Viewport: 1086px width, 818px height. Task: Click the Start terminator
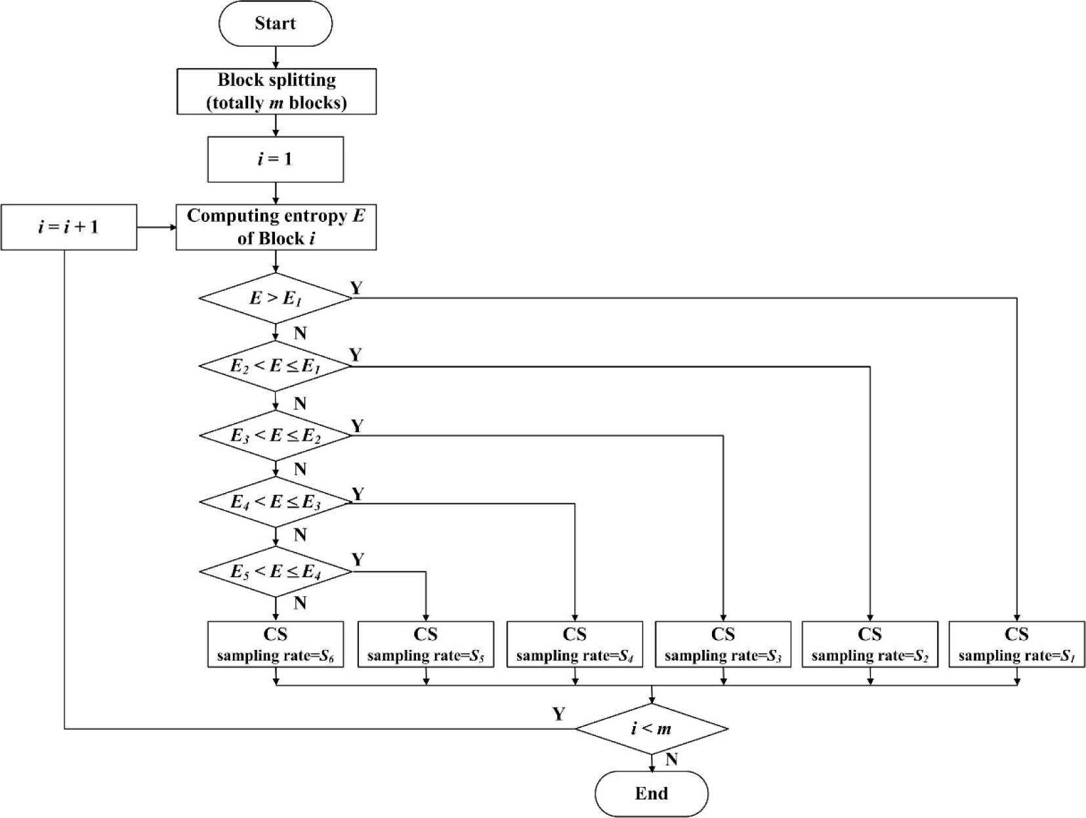point(276,24)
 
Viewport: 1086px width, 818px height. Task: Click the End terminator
point(652,794)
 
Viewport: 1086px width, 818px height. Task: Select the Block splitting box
point(276,91)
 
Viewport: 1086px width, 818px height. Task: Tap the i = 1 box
point(276,159)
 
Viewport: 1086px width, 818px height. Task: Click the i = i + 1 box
point(68,227)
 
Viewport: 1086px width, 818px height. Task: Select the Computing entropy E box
point(276,227)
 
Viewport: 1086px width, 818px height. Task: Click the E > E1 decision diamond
point(276,298)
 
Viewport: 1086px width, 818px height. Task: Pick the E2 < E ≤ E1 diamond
point(276,366)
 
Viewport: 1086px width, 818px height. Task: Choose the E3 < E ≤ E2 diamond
point(276,435)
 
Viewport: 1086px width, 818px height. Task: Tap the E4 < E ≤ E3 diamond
point(276,503)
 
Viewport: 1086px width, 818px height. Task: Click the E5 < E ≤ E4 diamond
point(276,572)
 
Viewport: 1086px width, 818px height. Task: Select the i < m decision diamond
point(652,729)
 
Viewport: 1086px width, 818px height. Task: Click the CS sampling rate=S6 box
point(276,644)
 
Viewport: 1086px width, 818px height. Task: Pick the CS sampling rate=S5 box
point(426,644)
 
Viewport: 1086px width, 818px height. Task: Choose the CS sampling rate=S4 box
point(575,644)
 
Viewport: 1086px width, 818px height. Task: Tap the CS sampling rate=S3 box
point(723,644)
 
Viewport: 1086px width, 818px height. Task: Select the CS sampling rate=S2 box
point(870,644)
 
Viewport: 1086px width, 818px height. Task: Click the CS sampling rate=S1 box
point(1017,644)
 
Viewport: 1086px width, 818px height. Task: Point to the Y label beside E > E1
point(356,288)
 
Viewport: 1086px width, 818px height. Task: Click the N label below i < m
point(671,760)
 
